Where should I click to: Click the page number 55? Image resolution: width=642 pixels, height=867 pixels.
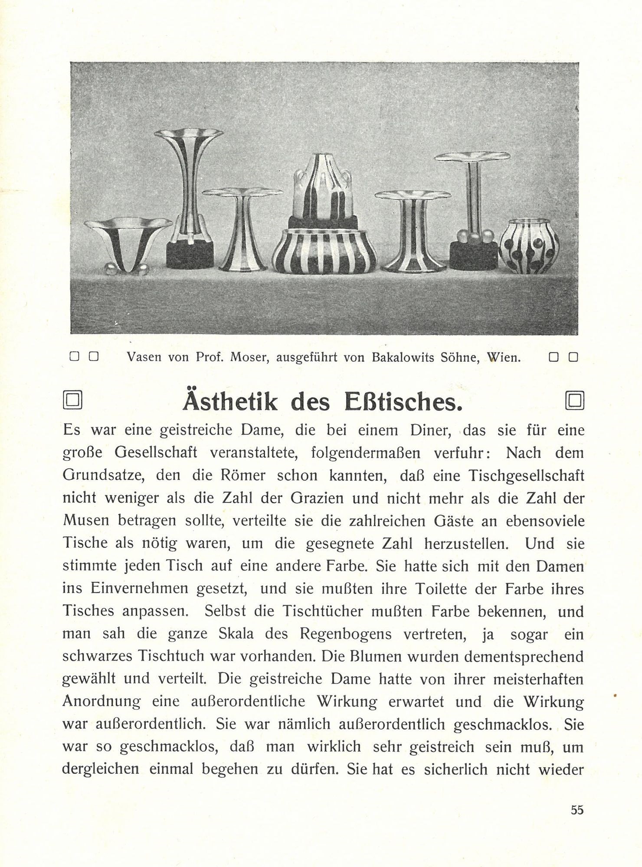tap(577, 809)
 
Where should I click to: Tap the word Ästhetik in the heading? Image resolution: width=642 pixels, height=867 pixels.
tap(230, 402)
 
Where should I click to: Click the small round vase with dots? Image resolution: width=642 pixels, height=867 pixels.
tap(529, 245)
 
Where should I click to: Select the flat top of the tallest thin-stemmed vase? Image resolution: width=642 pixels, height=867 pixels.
tap(472, 156)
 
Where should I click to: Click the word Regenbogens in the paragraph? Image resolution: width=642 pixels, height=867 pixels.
tap(345, 634)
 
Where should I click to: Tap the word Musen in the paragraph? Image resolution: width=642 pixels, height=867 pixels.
tap(86, 521)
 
